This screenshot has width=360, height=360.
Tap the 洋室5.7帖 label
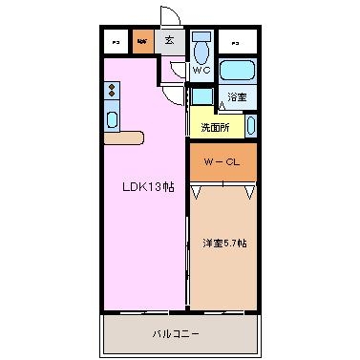pos(224,244)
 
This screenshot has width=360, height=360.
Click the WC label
pos(201,72)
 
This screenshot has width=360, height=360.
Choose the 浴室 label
pos(237,95)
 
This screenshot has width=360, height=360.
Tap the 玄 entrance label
pos(168,40)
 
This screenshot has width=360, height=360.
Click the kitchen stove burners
pos(112,92)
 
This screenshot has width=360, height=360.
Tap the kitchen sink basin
pos(112,119)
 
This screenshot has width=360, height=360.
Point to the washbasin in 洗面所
pos(250,125)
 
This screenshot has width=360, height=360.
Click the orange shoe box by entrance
pos(141,41)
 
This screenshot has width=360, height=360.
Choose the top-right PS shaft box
pos(234,41)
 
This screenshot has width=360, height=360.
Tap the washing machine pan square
pos(201,95)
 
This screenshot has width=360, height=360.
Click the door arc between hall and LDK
pos(172,88)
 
